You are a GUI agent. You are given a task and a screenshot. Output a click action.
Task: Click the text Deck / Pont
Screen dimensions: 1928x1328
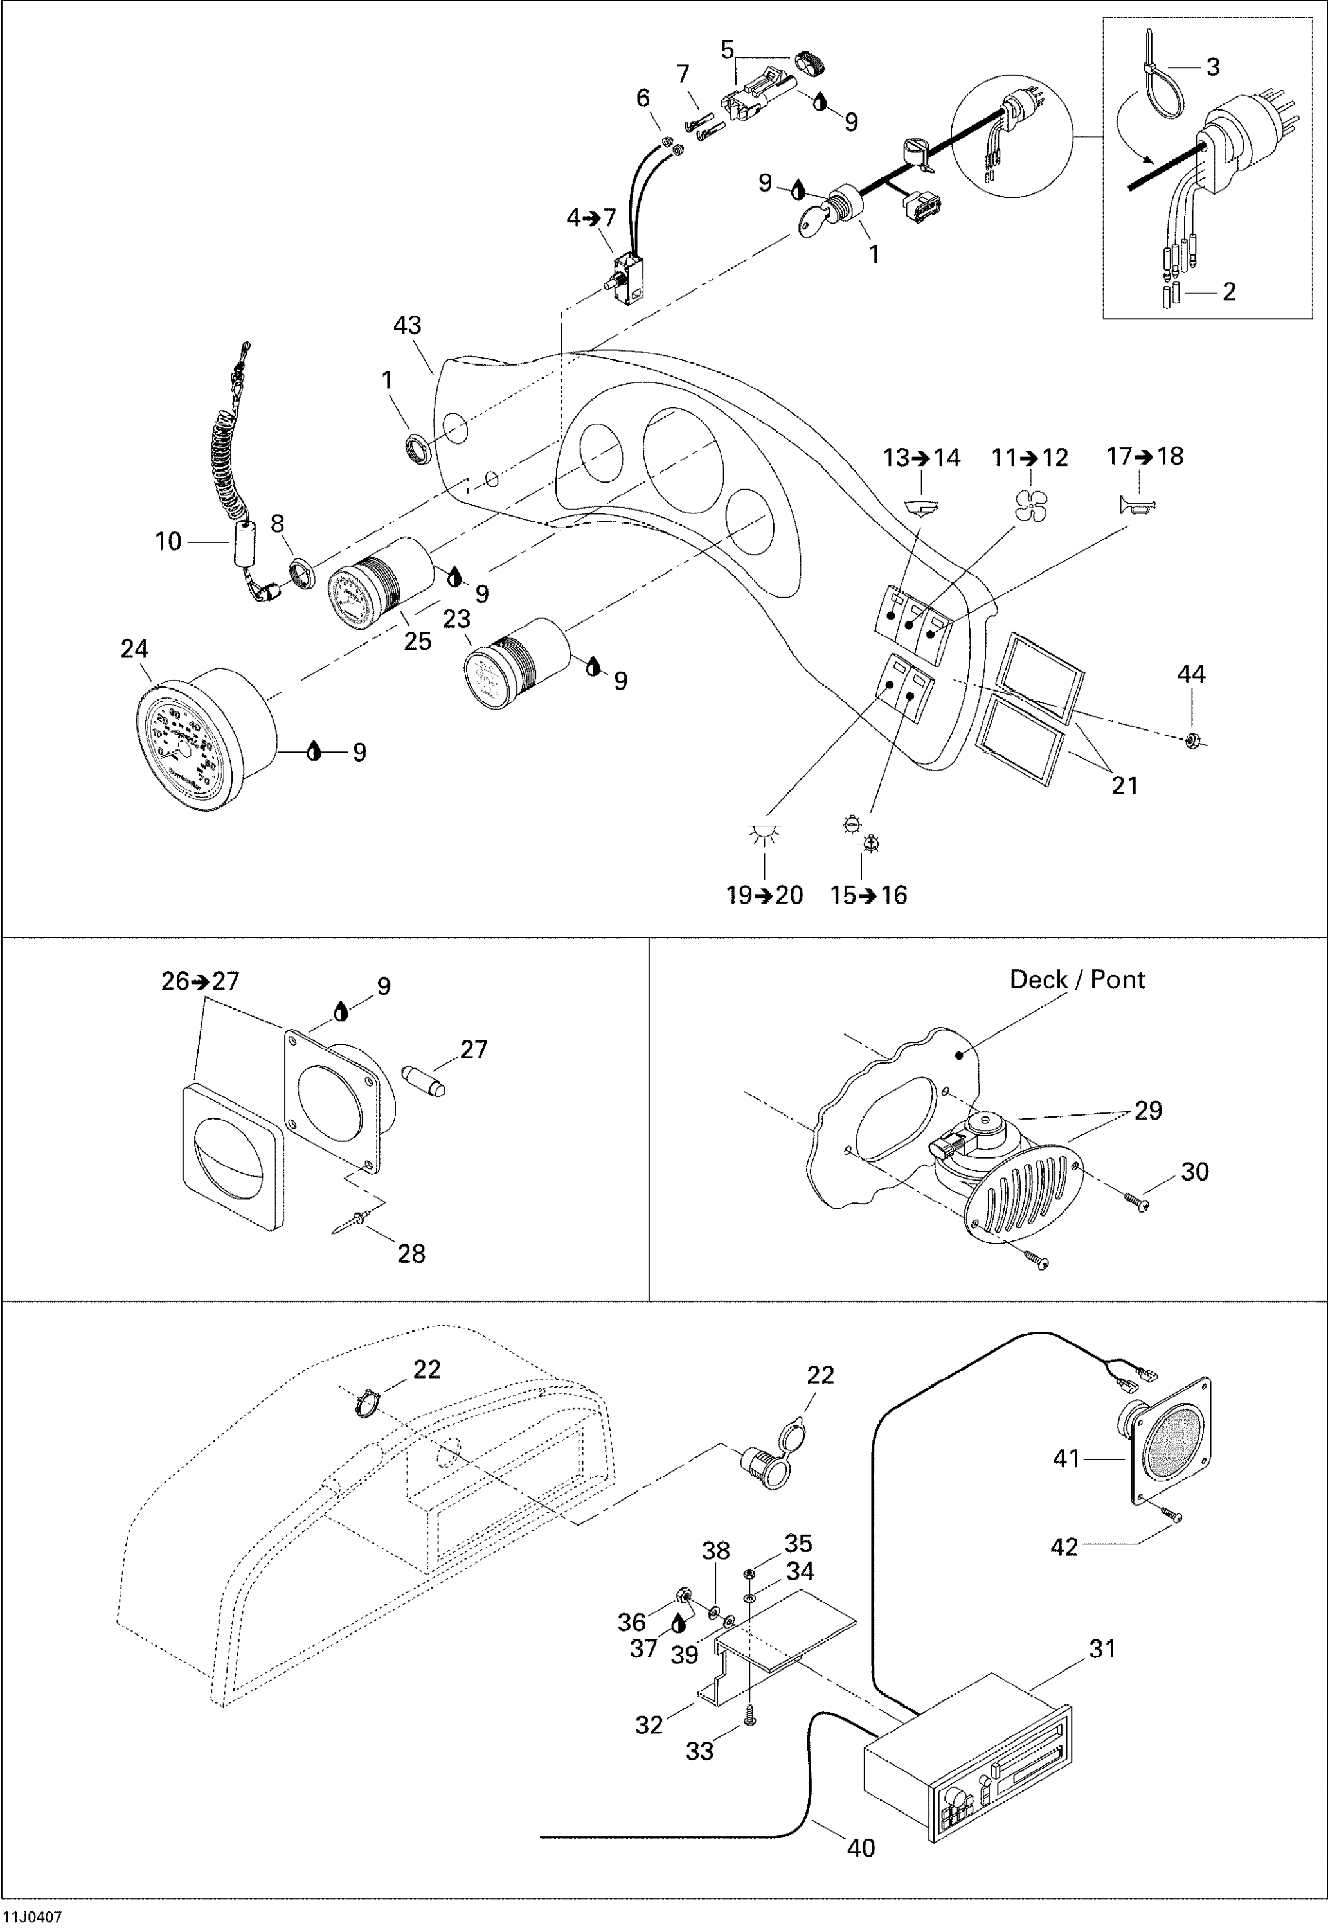tap(1076, 980)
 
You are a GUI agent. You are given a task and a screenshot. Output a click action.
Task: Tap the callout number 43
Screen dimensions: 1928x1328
tap(407, 325)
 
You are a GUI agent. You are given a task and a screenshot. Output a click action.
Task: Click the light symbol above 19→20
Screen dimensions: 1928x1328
tap(764, 834)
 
